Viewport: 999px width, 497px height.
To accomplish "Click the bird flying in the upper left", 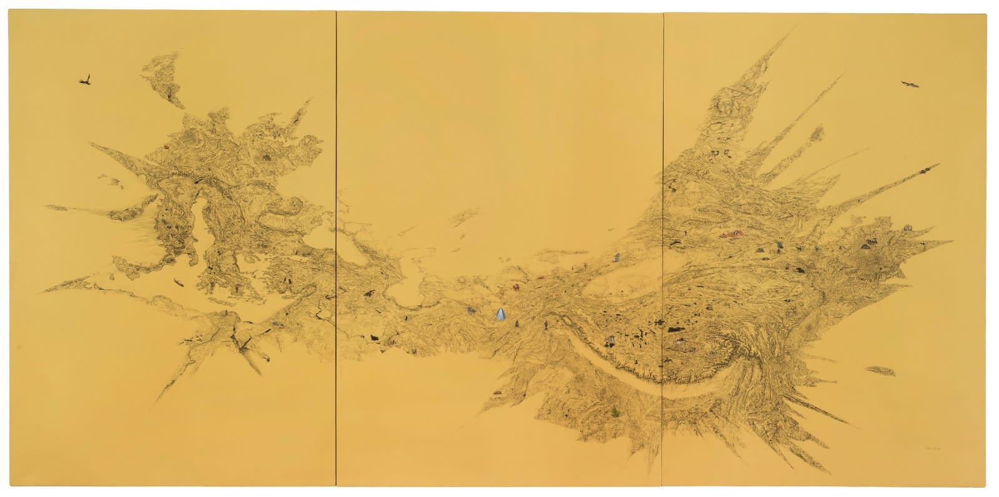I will [86, 79].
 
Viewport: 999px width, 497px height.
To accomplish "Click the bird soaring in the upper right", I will [910, 84].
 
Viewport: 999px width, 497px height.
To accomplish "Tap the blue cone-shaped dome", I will [501, 313].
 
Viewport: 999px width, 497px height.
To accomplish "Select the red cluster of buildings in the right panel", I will [732, 235].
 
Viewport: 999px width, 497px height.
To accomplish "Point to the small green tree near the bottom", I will [617, 411].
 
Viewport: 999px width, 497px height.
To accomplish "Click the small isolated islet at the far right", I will [878, 370].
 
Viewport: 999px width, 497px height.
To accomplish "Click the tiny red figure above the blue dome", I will [517, 288].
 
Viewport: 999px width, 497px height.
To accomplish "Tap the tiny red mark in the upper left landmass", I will [167, 147].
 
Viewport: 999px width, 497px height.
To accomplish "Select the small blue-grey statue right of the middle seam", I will [617, 257].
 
